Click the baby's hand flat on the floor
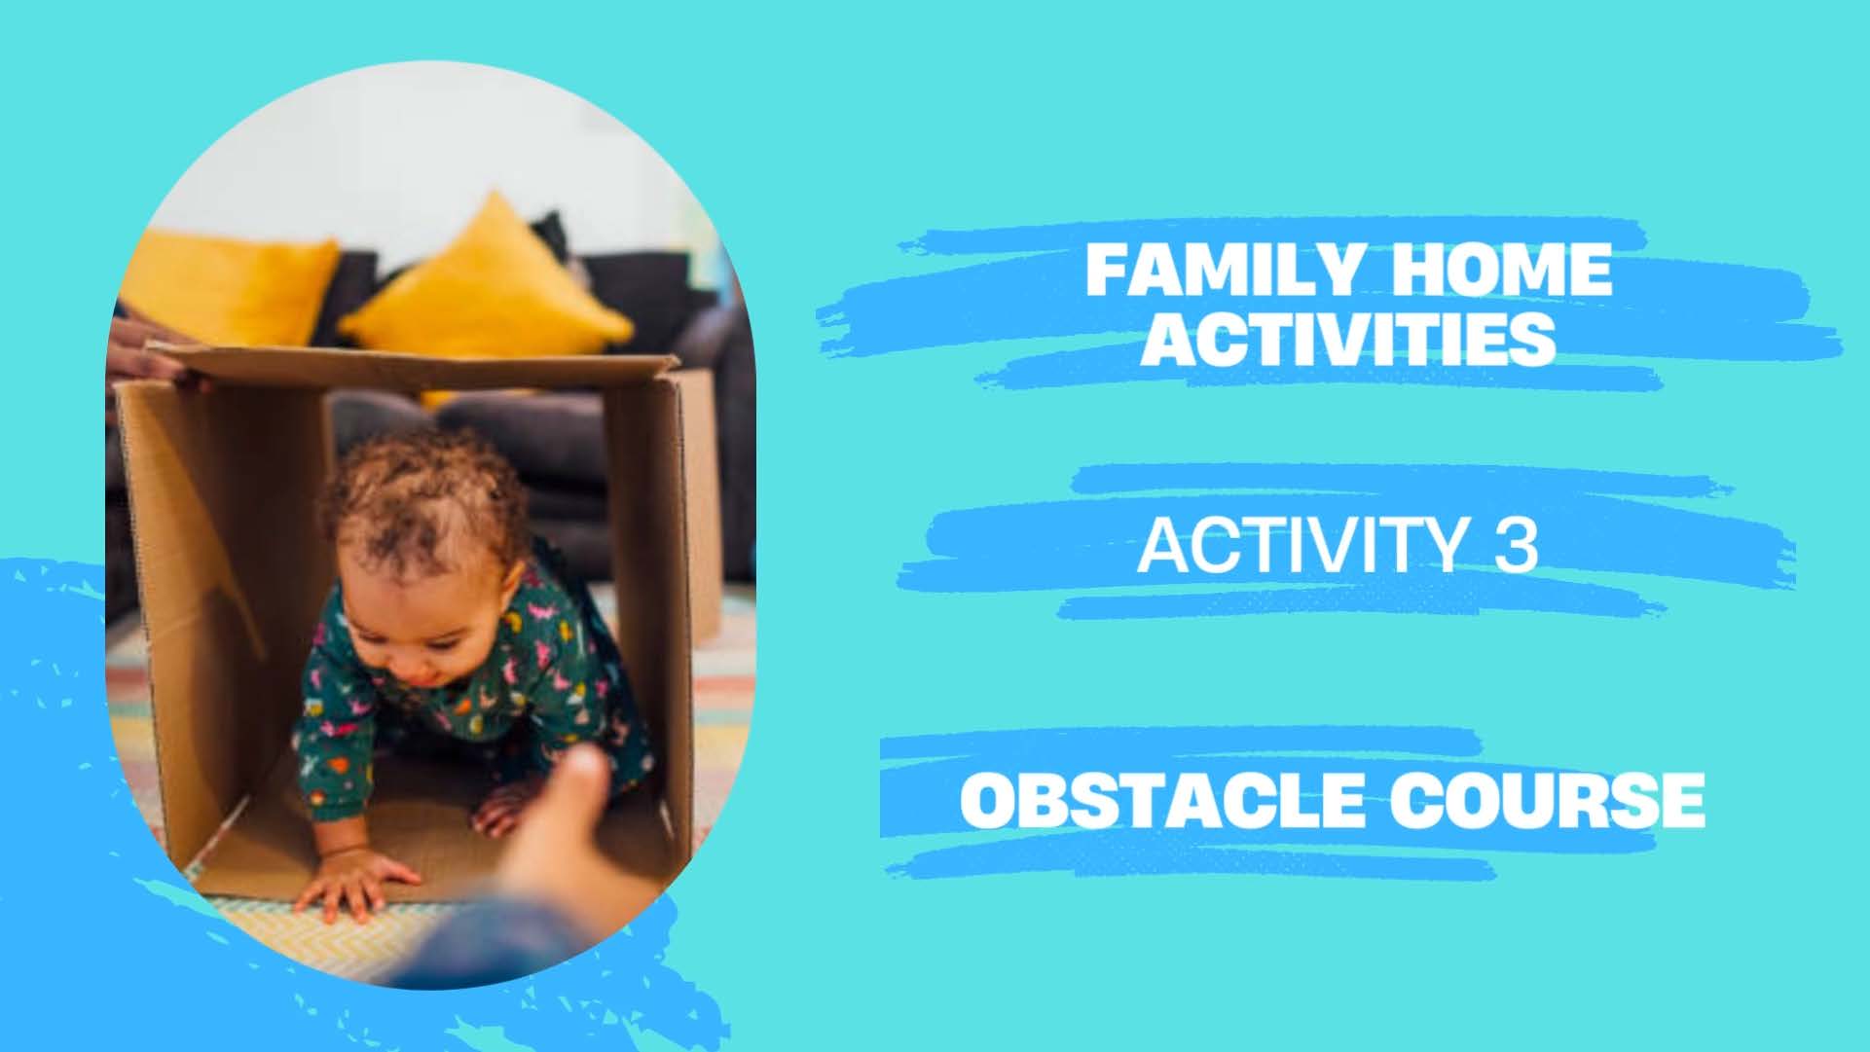[355, 881]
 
